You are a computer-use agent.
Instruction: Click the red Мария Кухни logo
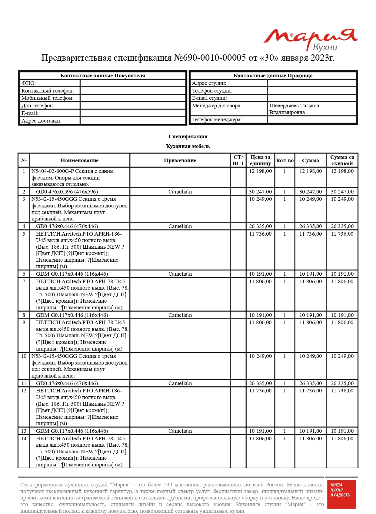click(x=310, y=39)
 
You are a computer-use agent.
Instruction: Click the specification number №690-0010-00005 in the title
click(x=209, y=58)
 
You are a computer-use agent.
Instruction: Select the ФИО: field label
click(x=28, y=83)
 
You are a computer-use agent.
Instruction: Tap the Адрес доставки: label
click(x=41, y=121)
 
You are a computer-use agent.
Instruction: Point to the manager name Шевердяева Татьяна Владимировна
click(x=294, y=109)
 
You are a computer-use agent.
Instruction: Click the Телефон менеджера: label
click(x=217, y=119)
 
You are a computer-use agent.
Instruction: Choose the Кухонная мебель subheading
click(x=188, y=146)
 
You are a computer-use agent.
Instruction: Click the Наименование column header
click(x=79, y=160)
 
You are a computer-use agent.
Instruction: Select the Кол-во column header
click(x=284, y=160)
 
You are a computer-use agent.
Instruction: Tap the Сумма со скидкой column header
click(x=342, y=160)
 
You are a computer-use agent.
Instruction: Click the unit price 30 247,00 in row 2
click(x=260, y=192)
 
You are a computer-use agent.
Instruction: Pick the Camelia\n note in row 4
click(x=180, y=226)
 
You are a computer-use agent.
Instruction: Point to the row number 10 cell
click(x=24, y=356)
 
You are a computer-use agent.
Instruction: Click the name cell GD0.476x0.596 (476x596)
click(x=67, y=192)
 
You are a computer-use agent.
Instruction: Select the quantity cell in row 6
click(x=284, y=274)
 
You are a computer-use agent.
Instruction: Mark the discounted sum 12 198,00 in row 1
click(x=342, y=171)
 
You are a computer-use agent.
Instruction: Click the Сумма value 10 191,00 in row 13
click(x=311, y=431)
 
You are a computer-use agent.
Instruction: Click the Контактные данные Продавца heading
click(x=273, y=76)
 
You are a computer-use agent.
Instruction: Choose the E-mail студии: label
click(x=209, y=98)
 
